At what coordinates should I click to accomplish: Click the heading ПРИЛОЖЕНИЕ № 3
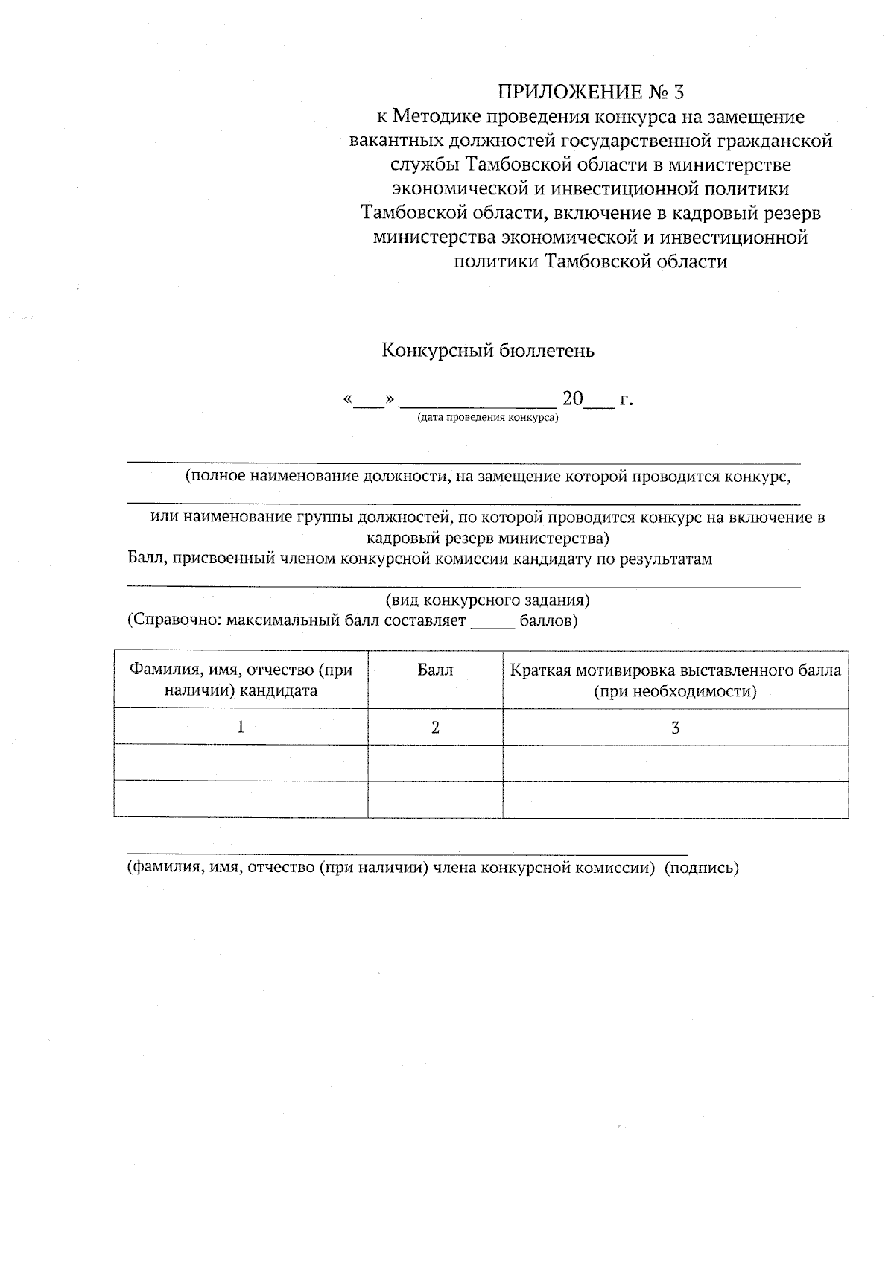[x=590, y=92]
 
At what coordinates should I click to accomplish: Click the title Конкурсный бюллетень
[x=488, y=350]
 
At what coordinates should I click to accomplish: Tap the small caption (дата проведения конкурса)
[x=488, y=418]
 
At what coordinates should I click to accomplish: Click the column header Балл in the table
[x=435, y=670]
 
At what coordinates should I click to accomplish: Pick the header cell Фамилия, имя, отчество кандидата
[x=241, y=680]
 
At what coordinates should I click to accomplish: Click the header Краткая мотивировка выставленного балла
[x=675, y=680]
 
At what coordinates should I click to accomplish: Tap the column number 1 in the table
[x=241, y=728]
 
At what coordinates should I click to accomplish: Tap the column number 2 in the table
[x=435, y=728]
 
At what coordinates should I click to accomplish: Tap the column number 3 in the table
[x=675, y=728]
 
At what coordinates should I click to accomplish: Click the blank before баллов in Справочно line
[x=492, y=621]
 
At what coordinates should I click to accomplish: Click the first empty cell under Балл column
[x=435, y=763]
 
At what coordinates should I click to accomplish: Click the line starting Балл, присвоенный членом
[x=419, y=559]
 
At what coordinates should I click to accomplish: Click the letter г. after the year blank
[x=626, y=400]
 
